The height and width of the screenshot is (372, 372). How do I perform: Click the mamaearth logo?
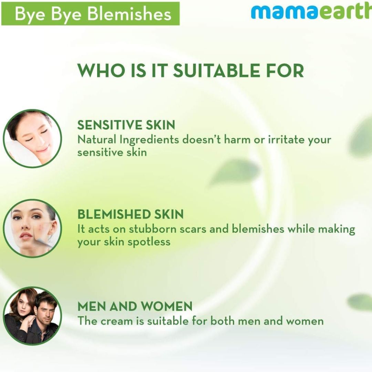click(x=311, y=12)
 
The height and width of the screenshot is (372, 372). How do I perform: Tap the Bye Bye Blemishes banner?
click(x=90, y=13)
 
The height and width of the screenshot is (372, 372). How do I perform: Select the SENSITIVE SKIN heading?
click(x=126, y=125)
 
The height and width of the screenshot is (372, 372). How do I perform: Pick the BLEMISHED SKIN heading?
click(x=131, y=214)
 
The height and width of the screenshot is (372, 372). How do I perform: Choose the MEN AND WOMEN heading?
click(x=135, y=306)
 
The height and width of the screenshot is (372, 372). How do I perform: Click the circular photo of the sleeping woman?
click(x=32, y=138)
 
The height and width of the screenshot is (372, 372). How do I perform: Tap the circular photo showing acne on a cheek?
click(x=32, y=228)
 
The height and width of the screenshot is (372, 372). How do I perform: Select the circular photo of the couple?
click(x=32, y=316)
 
